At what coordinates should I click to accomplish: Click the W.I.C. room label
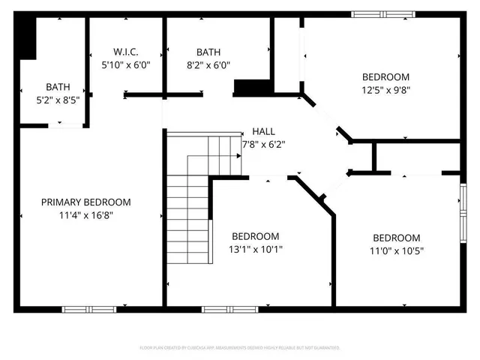click(126, 52)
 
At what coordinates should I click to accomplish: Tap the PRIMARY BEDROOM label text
click(85, 202)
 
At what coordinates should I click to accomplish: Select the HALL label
click(263, 131)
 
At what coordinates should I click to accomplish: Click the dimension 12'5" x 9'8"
click(386, 89)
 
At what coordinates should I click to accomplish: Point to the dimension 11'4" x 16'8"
click(85, 215)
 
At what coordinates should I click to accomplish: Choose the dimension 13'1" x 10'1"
click(256, 249)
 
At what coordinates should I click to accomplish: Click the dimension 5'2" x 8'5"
click(58, 99)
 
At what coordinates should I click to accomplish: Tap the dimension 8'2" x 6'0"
click(208, 64)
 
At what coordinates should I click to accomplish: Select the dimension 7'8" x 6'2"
click(264, 144)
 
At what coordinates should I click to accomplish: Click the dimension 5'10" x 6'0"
click(126, 64)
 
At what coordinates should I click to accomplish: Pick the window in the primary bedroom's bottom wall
click(88, 308)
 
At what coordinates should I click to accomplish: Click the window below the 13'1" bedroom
click(225, 308)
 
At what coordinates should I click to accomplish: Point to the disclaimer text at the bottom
click(240, 348)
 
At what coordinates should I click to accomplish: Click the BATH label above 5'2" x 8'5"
click(58, 87)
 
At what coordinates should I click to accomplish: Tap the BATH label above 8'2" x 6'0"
click(208, 52)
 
